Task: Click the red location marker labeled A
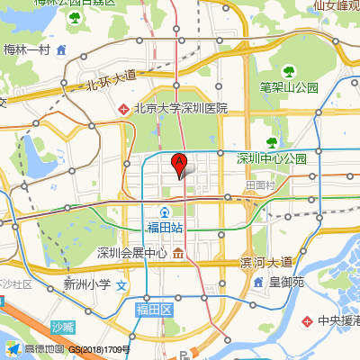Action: tap(179, 164)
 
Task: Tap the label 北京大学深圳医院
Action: tap(180, 108)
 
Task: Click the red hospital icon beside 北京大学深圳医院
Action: tap(124, 109)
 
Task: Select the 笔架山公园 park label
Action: tap(290, 87)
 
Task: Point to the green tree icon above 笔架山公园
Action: tap(289, 71)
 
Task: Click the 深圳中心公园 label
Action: tap(272, 158)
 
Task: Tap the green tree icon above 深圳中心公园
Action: tap(271, 142)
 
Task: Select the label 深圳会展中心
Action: tap(132, 252)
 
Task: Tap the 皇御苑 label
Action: tap(286, 283)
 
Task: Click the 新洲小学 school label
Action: tap(86, 284)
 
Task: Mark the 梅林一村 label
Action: tap(27, 49)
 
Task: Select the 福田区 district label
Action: tap(154, 309)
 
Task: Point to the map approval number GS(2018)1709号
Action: tap(100, 349)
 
